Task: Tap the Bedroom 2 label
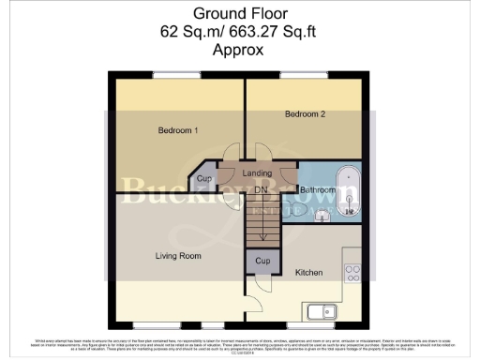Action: pyautogui.click(x=305, y=114)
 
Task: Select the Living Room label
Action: pyautogui.click(x=178, y=255)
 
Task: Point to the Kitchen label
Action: pyautogui.click(x=309, y=273)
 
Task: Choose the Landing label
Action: pyautogui.click(x=257, y=173)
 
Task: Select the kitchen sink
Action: pyautogui.click(x=320, y=311)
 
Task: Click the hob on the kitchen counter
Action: pyautogui.click(x=353, y=273)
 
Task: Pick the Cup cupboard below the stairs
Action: pyautogui.click(x=262, y=261)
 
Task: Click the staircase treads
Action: pyautogui.click(x=262, y=222)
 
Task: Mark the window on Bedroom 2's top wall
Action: pyautogui.click(x=303, y=74)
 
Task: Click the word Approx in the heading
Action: pyautogui.click(x=239, y=49)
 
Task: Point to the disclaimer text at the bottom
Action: pyautogui.click(x=240, y=344)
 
